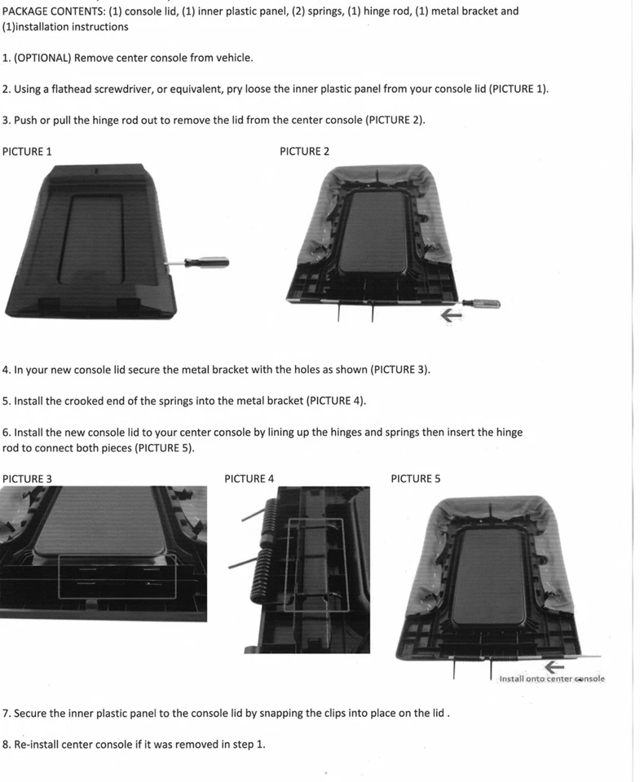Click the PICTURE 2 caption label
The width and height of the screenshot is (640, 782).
[x=304, y=152]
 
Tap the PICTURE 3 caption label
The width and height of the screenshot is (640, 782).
[x=27, y=479]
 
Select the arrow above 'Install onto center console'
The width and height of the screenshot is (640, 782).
[x=555, y=668]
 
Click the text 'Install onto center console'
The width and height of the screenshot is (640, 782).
[x=552, y=679]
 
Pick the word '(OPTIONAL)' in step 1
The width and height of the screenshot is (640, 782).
[x=42, y=58]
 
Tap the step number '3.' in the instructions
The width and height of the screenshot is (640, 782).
[x=7, y=120]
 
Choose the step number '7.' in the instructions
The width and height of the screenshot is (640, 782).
[x=7, y=713]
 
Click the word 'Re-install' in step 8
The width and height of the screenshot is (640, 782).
[x=38, y=744]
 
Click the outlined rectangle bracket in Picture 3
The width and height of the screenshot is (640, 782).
[x=117, y=578]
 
